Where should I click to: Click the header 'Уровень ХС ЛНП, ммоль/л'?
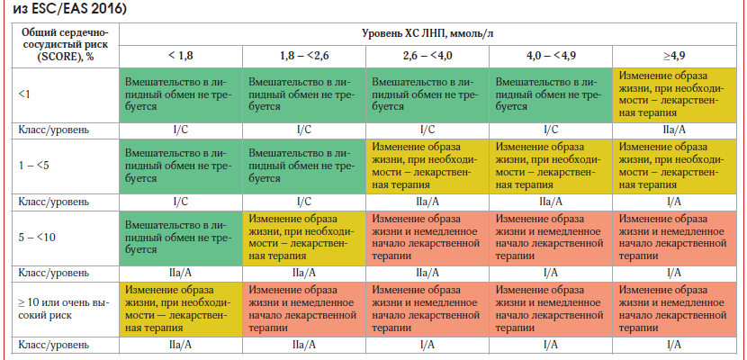[431, 33]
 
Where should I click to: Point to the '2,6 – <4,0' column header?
[427, 55]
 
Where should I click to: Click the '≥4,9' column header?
[673, 55]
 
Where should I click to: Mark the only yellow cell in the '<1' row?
[673, 93]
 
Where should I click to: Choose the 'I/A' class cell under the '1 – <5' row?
[673, 201]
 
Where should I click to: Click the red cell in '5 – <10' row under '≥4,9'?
[673, 236]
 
